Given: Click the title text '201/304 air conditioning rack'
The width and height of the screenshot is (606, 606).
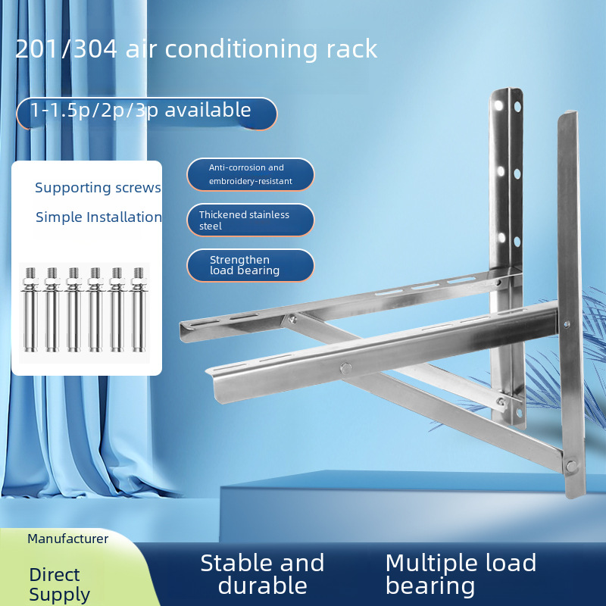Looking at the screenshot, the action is point(196,48).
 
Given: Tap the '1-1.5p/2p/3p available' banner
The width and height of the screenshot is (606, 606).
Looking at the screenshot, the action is point(144,111).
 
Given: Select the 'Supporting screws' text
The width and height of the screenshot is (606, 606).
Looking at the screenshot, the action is point(98,187).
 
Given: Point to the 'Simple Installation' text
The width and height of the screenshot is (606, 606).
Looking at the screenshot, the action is point(98,217).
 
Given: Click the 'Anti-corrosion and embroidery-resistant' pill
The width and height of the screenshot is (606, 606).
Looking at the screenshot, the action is point(250,175).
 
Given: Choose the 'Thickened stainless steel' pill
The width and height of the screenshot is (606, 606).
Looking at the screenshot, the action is point(250,220).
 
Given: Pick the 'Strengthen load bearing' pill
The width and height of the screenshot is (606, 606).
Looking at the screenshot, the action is point(250,265).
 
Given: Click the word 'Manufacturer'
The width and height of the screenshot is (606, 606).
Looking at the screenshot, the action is point(68,539).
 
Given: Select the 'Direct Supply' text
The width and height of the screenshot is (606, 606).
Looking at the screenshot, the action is point(59,584).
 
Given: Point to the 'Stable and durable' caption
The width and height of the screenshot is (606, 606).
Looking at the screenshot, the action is point(262,573).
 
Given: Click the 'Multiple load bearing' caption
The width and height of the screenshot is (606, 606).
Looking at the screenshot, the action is point(461,573).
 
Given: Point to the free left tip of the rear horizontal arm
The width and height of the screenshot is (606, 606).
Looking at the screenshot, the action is point(183,330).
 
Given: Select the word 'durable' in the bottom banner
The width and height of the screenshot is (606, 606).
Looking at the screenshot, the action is point(262,585).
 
